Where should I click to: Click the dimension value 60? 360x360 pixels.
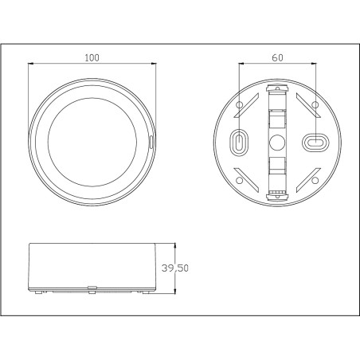click(276, 58)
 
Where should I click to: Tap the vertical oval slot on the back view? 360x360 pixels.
click(238, 142)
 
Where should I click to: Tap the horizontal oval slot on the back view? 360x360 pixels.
click(315, 142)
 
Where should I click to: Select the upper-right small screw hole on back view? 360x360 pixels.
click(315, 104)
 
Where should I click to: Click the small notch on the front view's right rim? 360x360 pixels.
click(152, 142)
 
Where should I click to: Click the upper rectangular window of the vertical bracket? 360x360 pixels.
click(276, 117)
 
